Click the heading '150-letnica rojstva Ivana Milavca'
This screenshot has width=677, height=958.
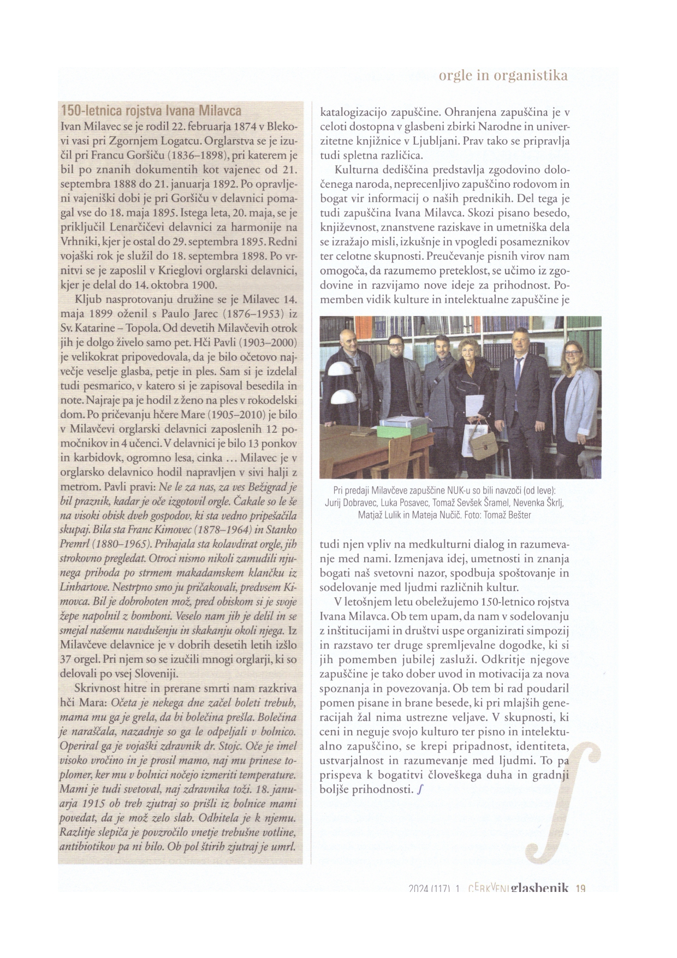pos(151,111)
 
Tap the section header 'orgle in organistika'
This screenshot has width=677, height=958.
pos(503,75)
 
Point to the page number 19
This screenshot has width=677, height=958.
pos(580,888)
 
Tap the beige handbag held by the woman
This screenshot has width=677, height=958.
pos(484,447)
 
